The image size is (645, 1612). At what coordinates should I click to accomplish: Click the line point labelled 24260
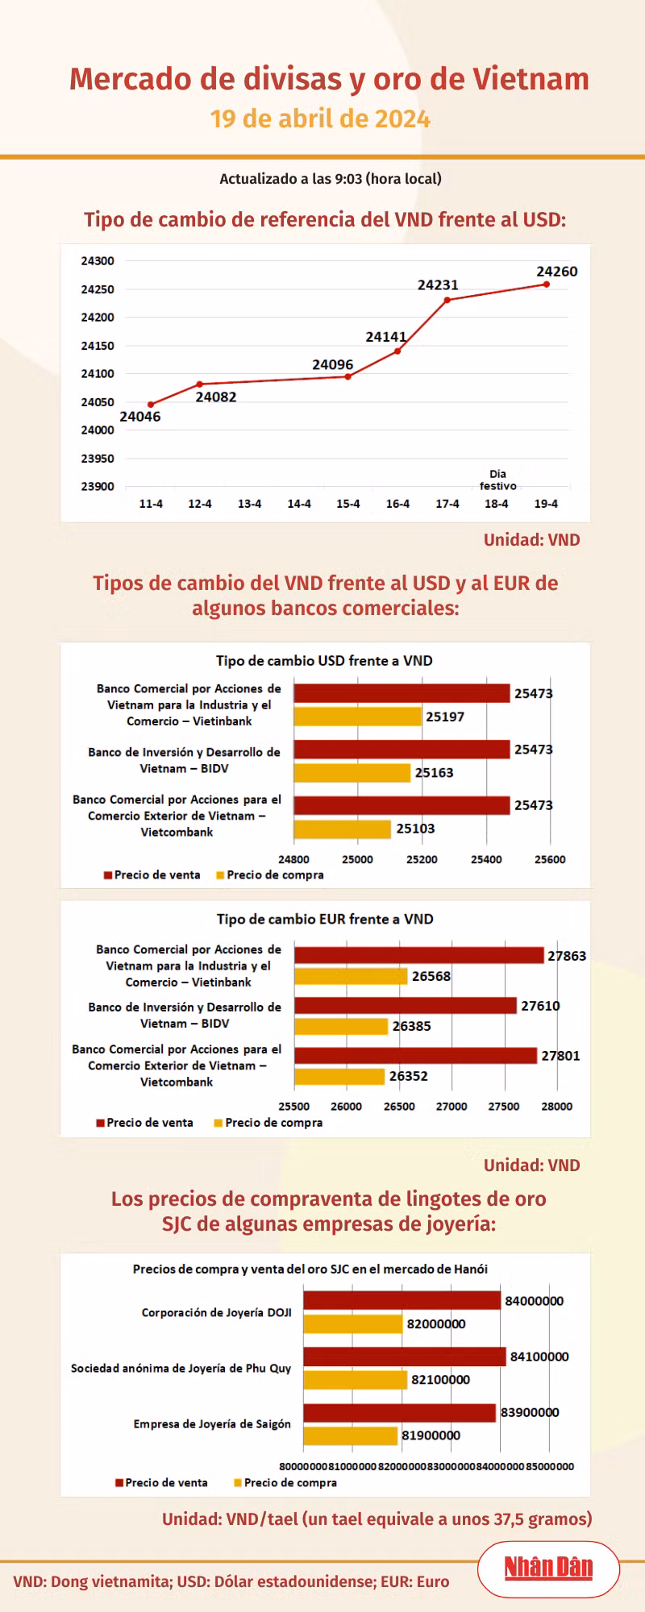click(x=547, y=284)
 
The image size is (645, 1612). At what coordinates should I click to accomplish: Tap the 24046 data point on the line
click(x=151, y=405)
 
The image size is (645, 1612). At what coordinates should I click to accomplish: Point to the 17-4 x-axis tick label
click(x=447, y=504)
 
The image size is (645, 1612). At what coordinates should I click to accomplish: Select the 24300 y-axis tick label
click(x=98, y=261)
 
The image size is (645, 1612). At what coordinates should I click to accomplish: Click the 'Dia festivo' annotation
click(x=497, y=480)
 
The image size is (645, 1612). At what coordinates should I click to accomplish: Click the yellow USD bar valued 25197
click(x=357, y=717)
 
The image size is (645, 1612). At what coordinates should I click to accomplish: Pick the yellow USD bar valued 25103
click(x=342, y=829)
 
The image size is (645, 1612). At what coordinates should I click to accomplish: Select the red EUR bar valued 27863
click(x=418, y=955)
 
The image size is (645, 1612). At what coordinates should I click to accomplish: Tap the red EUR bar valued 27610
click(x=405, y=1005)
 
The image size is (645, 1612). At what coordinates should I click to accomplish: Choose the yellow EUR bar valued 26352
click(x=339, y=1076)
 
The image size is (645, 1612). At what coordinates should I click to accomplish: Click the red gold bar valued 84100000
click(x=404, y=1356)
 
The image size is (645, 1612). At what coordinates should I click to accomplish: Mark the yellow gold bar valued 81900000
click(x=350, y=1435)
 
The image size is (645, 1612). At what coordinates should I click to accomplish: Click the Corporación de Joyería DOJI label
click(x=216, y=1312)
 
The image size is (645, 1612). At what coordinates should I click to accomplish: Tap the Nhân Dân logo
click(x=548, y=1568)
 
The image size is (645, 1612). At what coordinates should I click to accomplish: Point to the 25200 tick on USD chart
click(x=422, y=859)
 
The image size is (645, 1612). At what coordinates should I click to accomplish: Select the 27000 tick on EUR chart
click(x=451, y=1107)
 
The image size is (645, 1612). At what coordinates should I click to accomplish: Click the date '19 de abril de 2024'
click(x=320, y=119)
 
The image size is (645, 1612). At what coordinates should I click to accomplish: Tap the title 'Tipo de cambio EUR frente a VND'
click(x=325, y=919)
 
